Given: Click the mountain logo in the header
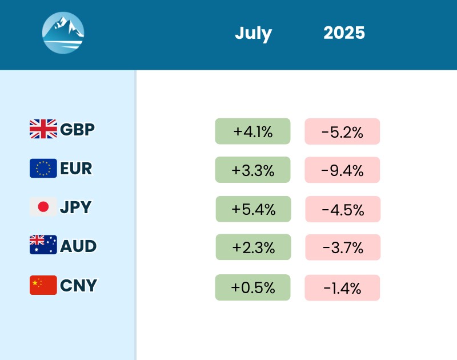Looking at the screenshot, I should click(x=63, y=33).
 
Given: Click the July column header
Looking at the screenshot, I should click(x=253, y=33).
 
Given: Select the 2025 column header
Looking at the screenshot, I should click(x=344, y=33).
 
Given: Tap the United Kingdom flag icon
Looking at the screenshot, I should click(x=43, y=129).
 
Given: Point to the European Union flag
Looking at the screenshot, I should click(x=43, y=168).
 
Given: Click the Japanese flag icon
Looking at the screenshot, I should click(x=43, y=207).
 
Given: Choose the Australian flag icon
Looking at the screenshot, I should click(x=43, y=246).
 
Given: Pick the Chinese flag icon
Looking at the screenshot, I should click(x=43, y=285).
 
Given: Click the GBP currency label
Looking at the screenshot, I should click(x=77, y=129).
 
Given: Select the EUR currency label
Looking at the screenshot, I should click(x=76, y=168).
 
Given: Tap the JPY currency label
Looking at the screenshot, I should click(x=75, y=207).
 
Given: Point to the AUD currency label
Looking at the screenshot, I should click(x=78, y=246).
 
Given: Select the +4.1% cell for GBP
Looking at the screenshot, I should click(x=252, y=131).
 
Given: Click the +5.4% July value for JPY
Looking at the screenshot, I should click(x=253, y=209).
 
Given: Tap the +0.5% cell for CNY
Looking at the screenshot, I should click(x=252, y=287).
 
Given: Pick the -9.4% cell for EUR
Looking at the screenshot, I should click(x=342, y=170).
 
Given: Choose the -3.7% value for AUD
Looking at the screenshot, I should click(x=343, y=247).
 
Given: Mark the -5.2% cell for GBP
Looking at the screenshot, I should click(x=342, y=131).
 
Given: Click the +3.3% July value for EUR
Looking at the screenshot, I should click(x=252, y=170).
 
